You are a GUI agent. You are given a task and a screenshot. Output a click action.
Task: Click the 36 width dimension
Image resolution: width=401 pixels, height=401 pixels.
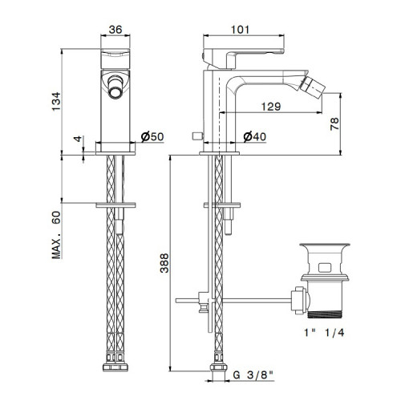point(115,30)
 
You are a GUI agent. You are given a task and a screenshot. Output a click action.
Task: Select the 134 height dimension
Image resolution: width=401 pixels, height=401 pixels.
point(56,102)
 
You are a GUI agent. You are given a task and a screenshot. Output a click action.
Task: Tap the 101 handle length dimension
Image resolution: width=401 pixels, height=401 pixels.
point(240,30)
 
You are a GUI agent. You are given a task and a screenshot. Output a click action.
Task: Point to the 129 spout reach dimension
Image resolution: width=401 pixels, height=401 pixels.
point(271,107)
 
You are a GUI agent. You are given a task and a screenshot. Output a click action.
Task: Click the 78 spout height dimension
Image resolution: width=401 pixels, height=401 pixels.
point(334,124)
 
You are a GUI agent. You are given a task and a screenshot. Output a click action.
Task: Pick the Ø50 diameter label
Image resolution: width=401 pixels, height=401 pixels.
point(152,136)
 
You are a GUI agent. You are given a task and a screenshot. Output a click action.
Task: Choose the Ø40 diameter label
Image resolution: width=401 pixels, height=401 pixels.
point(255,136)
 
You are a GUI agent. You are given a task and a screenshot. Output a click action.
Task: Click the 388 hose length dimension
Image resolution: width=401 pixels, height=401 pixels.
point(164,263)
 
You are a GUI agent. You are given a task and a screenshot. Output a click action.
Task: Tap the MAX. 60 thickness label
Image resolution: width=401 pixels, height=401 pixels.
point(56,235)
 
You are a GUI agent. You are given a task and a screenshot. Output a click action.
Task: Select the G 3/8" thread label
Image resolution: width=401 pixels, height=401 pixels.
point(253,375)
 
